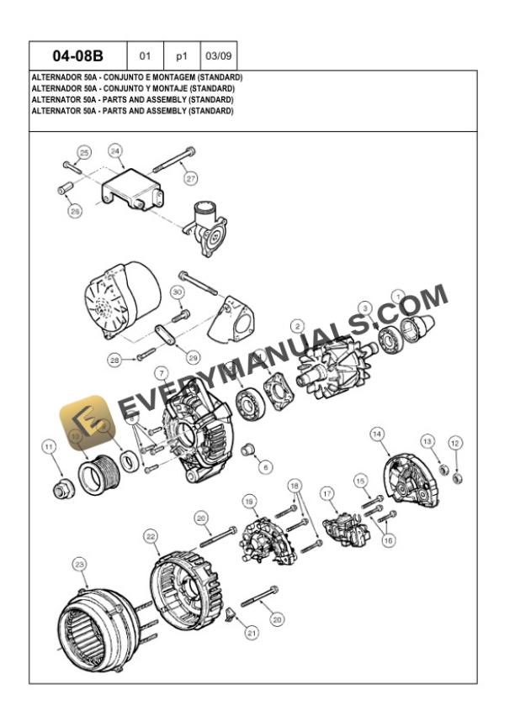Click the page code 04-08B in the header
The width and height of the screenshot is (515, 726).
(x=77, y=57)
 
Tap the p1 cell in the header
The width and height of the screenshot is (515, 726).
(x=181, y=57)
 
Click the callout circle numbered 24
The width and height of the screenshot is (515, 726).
(x=115, y=150)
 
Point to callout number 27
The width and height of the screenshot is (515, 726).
(x=191, y=178)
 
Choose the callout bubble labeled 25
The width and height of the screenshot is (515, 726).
(x=83, y=152)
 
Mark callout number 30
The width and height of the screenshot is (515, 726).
(x=177, y=292)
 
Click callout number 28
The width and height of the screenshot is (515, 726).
(x=115, y=360)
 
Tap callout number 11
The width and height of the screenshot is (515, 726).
(x=49, y=446)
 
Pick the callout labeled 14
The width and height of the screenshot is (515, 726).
(x=377, y=434)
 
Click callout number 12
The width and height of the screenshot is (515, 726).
(x=455, y=442)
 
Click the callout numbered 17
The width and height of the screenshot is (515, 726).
(x=328, y=493)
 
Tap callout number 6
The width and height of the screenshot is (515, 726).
(x=266, y=466)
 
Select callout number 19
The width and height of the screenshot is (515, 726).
(x=250, y=502)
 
